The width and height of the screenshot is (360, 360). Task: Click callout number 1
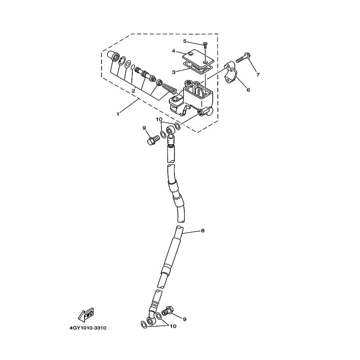pyautogui.click(x=118, y=114)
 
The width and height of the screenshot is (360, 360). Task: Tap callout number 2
pyautogui.click(x=133, y=91)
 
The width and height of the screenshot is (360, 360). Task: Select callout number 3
pyautogui.click(x=174, y=72)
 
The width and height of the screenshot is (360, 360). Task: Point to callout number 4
pyautogui.click(x=174, y=51)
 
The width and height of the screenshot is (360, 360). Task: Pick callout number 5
pyautogui.click(x=185, y=41)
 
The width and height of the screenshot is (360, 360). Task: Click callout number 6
pyautogui.click(x=248, y=90)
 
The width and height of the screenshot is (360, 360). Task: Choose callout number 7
pyautogui.click(x=258, y=75)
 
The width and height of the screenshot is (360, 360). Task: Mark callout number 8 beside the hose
pyautogui.click(x=202, y=231)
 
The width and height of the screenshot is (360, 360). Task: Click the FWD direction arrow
pyautogui.click(x=86, y=314)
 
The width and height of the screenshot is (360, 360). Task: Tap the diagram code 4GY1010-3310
pyautogui.click(x=88, y=328)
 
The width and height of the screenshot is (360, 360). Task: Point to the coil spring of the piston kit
pyautogui.click(x=169, y=89)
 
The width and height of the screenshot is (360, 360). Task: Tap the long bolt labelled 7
pyautogui.click(x=243, y=58)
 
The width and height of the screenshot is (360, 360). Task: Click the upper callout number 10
pyautogui.click(x=159, y=119)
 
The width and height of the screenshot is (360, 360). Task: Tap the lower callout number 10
pyautogui.click(x=173, y=326)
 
